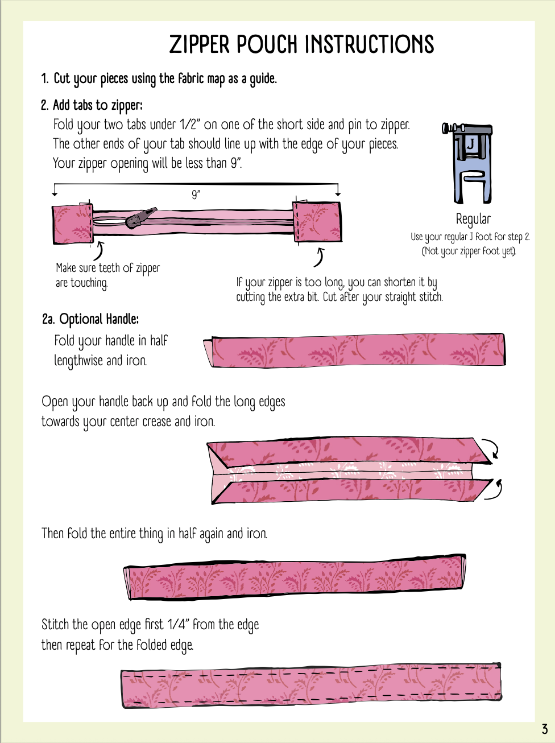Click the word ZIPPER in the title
click(200, 44)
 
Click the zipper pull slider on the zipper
click(140, 218)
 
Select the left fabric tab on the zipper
click(73, 224)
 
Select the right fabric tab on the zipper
click(317, 222)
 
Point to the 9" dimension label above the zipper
click(196, 195)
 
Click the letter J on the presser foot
click(470, 145)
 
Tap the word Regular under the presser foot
click(473, 219)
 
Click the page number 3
click(545, 729)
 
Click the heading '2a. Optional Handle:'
click(90, 319)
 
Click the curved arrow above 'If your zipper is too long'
click(320, 258)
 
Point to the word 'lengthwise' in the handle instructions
click(78, 361)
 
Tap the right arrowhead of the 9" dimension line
click(338, 194)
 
